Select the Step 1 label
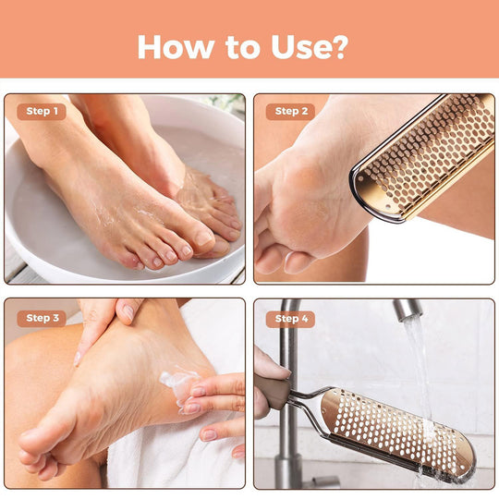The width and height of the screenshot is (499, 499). [42, 112]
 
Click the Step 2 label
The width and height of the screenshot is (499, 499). [292, 112]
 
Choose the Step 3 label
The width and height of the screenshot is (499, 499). [42, 318]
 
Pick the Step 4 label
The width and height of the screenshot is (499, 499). [292, 319]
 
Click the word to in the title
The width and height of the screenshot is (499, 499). [237, 46]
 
